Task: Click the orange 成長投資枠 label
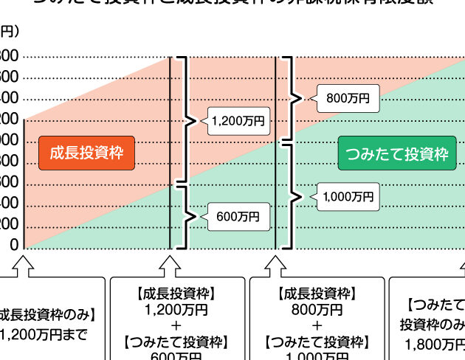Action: coord(86,153)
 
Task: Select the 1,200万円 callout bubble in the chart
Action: coord(236,121)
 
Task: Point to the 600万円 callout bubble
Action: coord(238,217)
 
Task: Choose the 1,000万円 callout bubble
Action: coord(347,197)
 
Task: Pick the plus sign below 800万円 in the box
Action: coord(317,325)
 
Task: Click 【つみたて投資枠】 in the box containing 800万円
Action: coord(317,342)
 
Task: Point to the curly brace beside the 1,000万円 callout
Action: coord(294,197)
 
